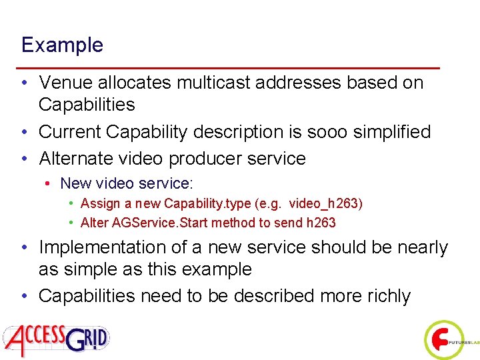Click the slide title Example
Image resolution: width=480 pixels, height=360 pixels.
coord(62,45)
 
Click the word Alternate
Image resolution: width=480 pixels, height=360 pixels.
coord(81,159)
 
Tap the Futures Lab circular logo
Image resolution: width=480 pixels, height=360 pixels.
coord(443,340)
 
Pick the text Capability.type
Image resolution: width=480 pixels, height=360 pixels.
coord(206,203)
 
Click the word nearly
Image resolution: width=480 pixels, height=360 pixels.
coord(417,247)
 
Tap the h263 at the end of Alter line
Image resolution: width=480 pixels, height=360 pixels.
coord(321,223)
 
